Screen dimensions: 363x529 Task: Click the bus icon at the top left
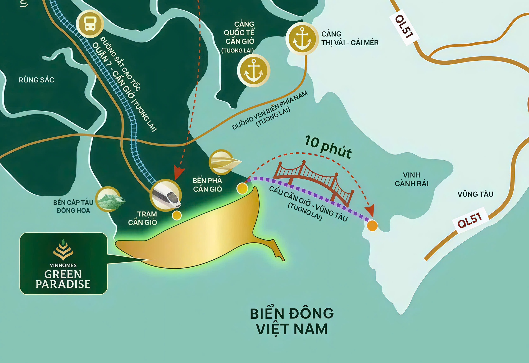tap(90, 24)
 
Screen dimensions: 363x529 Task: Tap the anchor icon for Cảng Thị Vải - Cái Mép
tap(302, 39)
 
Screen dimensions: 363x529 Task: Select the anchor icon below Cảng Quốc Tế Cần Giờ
tap(253, 70)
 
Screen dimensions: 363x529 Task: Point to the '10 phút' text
tap(328, 147)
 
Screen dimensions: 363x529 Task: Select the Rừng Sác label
tap(36, 80)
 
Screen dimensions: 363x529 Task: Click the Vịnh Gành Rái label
tap(411, 179)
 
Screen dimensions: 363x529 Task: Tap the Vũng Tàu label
tap(475, 194)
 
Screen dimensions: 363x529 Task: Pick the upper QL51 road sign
tap(404, 27)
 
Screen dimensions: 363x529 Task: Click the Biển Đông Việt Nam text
tap(292, 321)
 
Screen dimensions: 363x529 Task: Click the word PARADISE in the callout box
tap(63, 284)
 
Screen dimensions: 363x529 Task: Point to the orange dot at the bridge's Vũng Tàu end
tap(372, 225)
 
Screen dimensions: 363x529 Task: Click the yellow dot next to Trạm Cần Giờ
tap(177, 215)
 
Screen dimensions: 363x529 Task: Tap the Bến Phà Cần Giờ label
tap(207, 185)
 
